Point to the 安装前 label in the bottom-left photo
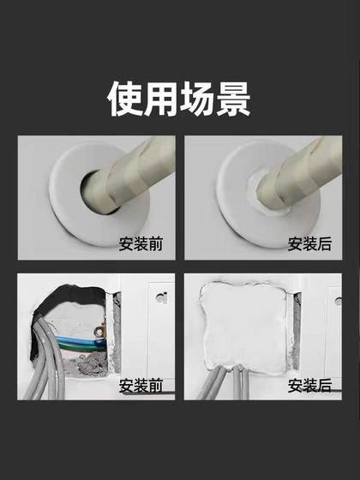(x=141, y=386)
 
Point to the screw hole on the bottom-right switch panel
(x=338, y=301)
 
